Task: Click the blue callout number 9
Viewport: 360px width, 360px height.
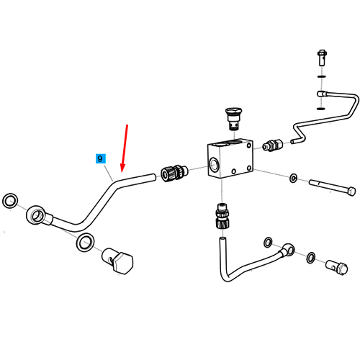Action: coord(100,158)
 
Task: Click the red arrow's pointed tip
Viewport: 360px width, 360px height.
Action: coord(122,172)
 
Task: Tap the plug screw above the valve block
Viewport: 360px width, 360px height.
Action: coord(233,119)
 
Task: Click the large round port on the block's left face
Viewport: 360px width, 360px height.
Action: coord(214,164)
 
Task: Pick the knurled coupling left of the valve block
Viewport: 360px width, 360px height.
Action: coord(174,173)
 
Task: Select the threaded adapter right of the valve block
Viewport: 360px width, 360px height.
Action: coord(273,145)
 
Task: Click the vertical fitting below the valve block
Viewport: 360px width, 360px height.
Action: coord(222,216)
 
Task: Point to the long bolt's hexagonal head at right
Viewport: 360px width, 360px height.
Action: coord(351,192)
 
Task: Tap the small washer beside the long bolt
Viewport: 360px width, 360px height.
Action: coord(293,178)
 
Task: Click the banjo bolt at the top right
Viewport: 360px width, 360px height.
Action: coord(322,58)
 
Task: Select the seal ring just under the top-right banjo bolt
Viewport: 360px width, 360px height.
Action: coord(322,76)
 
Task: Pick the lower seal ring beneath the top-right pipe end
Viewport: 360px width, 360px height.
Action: coord(321,109)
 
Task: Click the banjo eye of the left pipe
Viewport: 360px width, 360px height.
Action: coord(36,215)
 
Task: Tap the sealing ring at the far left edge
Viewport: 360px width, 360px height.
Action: coord(10,201)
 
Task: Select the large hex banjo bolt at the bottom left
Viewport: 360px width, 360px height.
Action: coord(117,261)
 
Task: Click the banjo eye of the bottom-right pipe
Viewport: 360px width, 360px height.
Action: coord(288,249)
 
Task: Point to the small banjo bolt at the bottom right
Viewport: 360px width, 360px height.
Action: coord(337,267)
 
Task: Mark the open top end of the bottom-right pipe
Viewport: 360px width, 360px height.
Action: coord(222,239)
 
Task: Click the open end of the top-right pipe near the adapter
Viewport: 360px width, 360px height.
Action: coord(292,142)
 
